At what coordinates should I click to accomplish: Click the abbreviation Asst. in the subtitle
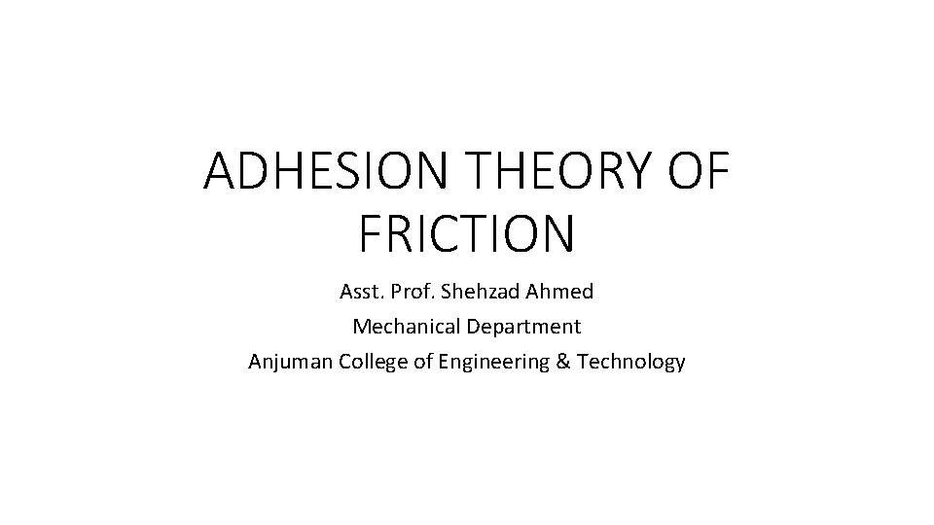[360, 292]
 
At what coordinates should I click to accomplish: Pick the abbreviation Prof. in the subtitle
[413, 292]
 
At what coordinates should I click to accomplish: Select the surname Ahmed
[559, 292]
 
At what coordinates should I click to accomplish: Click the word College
[374, 363]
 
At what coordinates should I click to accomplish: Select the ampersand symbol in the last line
[561, 362]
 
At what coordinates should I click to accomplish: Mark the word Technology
[630, 363]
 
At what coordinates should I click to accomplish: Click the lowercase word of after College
[422, 362]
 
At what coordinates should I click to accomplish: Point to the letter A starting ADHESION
[220, 173]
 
